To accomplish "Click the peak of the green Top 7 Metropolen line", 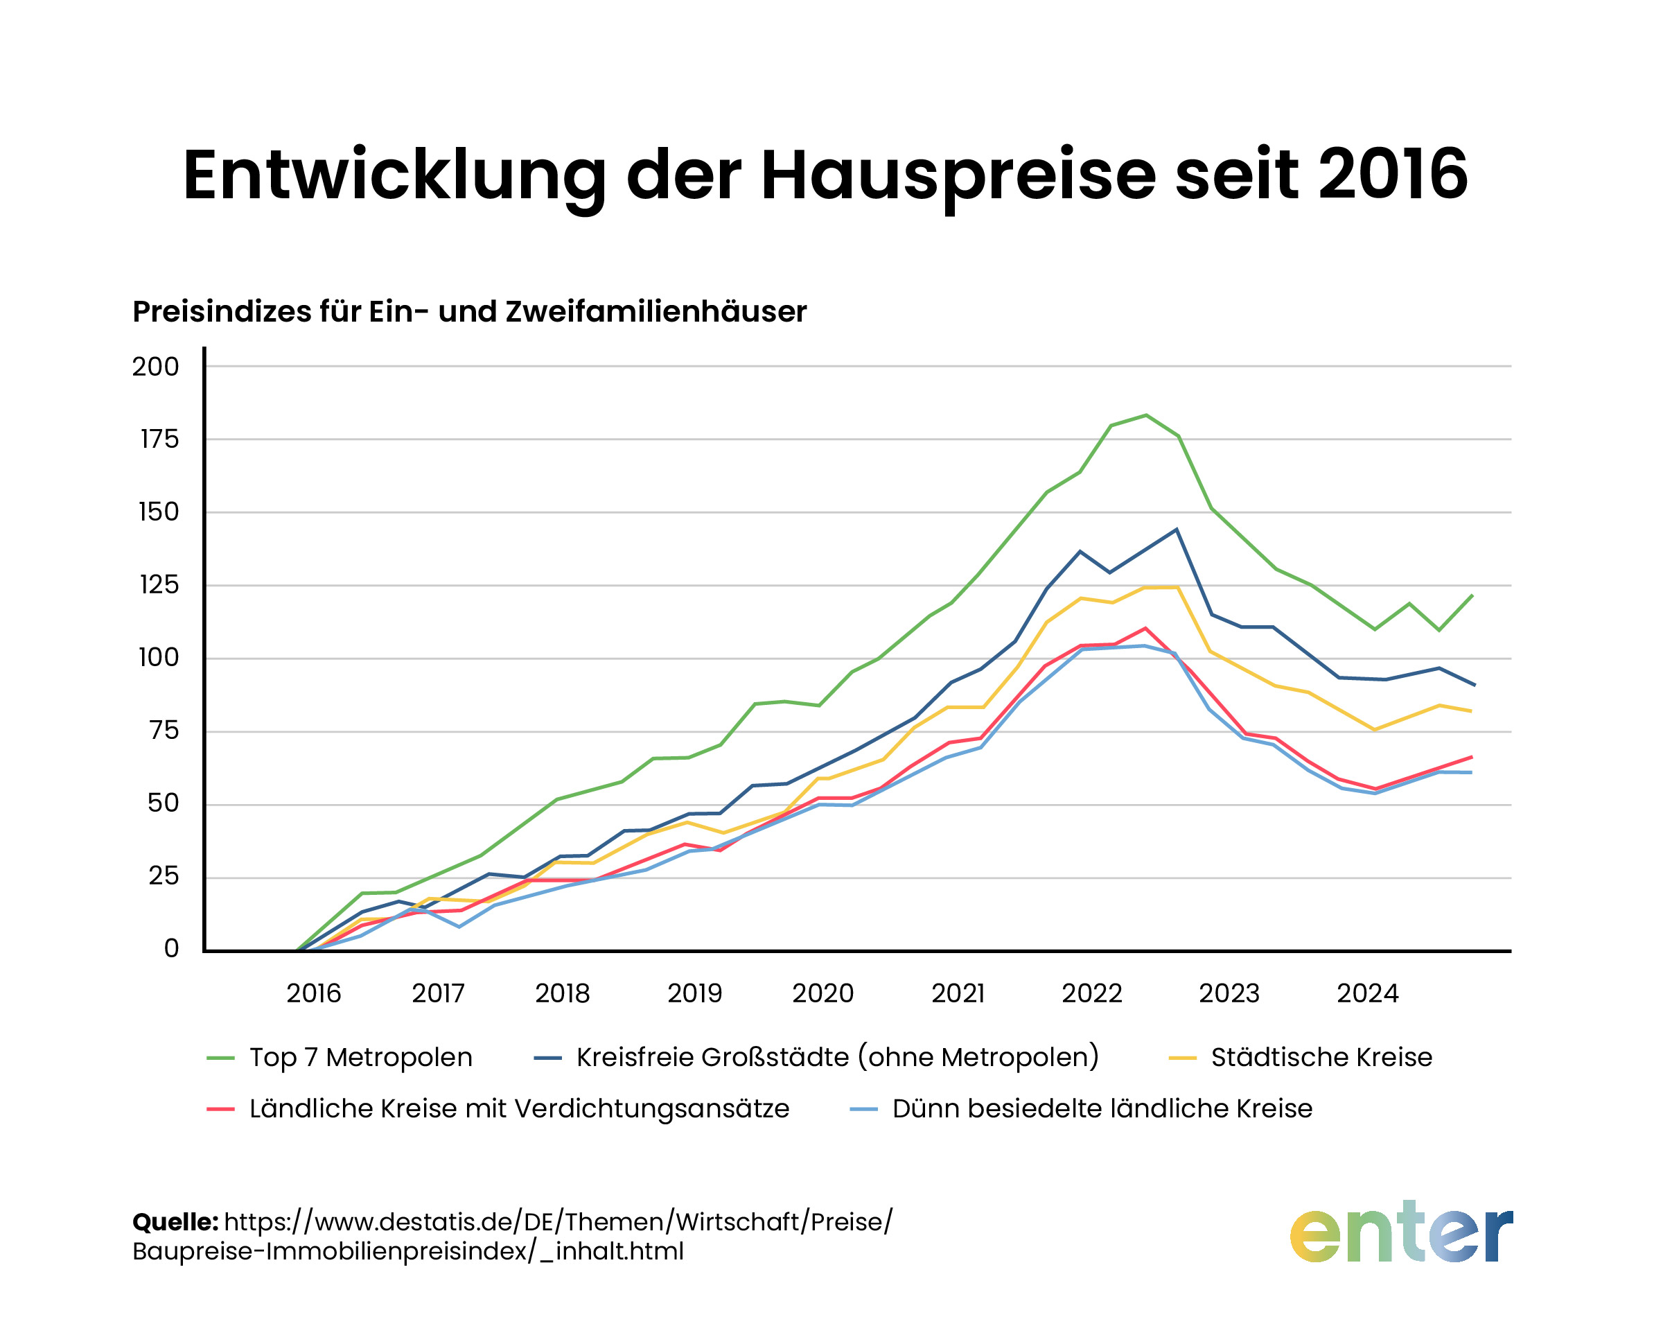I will [x=1145, y=415].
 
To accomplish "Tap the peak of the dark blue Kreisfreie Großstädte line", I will [x=1176, y=529].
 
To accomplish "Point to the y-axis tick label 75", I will [x=163, y=730].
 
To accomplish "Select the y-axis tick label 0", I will [x=171, y=948].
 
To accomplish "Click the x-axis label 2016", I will [x=313, y=993].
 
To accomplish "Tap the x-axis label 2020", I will [x=822, y=993].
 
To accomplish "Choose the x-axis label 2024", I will [x=1367, y=993].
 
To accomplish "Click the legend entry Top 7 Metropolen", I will [x=360, y=1057].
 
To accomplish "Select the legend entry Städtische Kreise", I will [x=1321, y=1057].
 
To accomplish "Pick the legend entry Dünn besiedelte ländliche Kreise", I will [x=1101, y=1109].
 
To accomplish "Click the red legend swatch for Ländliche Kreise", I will [x=220, y=1110].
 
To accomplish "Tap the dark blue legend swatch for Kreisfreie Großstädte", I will [x=547, y=1058].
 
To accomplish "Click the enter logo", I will [x=1400, y=1233].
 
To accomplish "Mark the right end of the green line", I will [x=1472, y=595].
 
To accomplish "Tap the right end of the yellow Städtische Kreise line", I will [x=1471, y=711].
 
